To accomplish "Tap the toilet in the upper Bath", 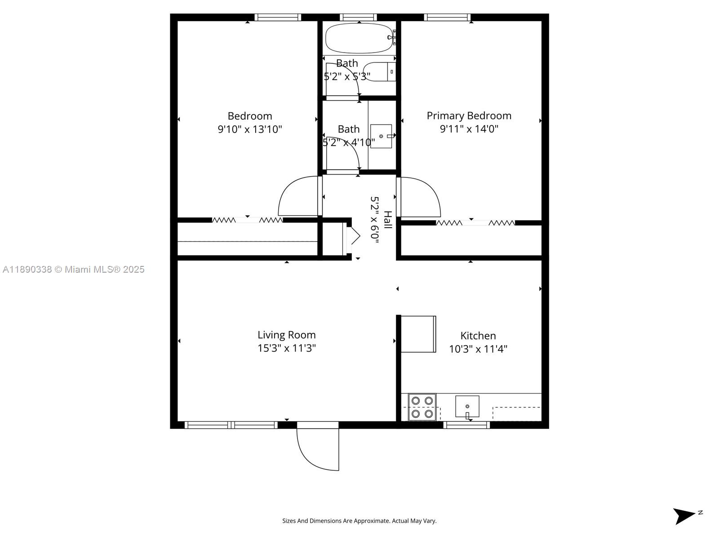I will pyautogui.click(x=380, y=72).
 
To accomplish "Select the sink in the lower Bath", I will pyautogui.click(x=381, y=136).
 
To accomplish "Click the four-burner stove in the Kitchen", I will pyautogui.click(x=422, y=407).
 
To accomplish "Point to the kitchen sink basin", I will pyautogui.click(x=467, y=406).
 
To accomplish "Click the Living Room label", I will pyautogui.click(x=287, y=335).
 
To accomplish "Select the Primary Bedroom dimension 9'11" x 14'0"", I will pyautogui.click(x=469, y=129).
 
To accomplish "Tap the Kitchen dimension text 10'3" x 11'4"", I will pyautogui.click(x=478, y=349).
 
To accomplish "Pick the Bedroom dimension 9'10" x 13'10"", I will pyautogui.click(x=250, y=129).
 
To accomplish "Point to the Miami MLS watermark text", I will pyautogui.click(x=73, y=269).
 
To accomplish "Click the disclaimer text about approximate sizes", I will pyautogui.click(x=359, y=521).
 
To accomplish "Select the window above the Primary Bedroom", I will pyautogui.click(x=447, y=18).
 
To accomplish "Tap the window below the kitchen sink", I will pyautogui.click(x=466, y=424).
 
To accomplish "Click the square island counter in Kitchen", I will pyautogui.click(x=418, y=334).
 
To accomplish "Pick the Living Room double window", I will pyautogui.click(x=231, y=424).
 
